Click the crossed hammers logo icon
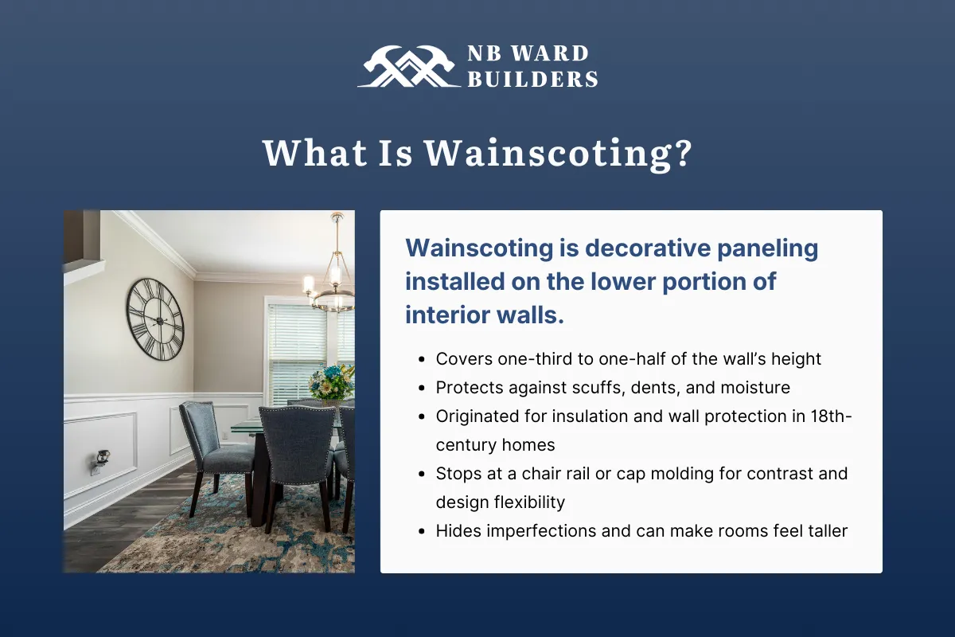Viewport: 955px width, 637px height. (x=406, y=66)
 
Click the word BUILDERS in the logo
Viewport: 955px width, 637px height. (x=532, y=78)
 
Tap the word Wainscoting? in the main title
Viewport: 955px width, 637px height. (x=557, y=153)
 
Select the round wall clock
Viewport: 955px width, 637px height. (x=155, y=318)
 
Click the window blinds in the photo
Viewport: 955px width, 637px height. (x=296, y=342)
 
